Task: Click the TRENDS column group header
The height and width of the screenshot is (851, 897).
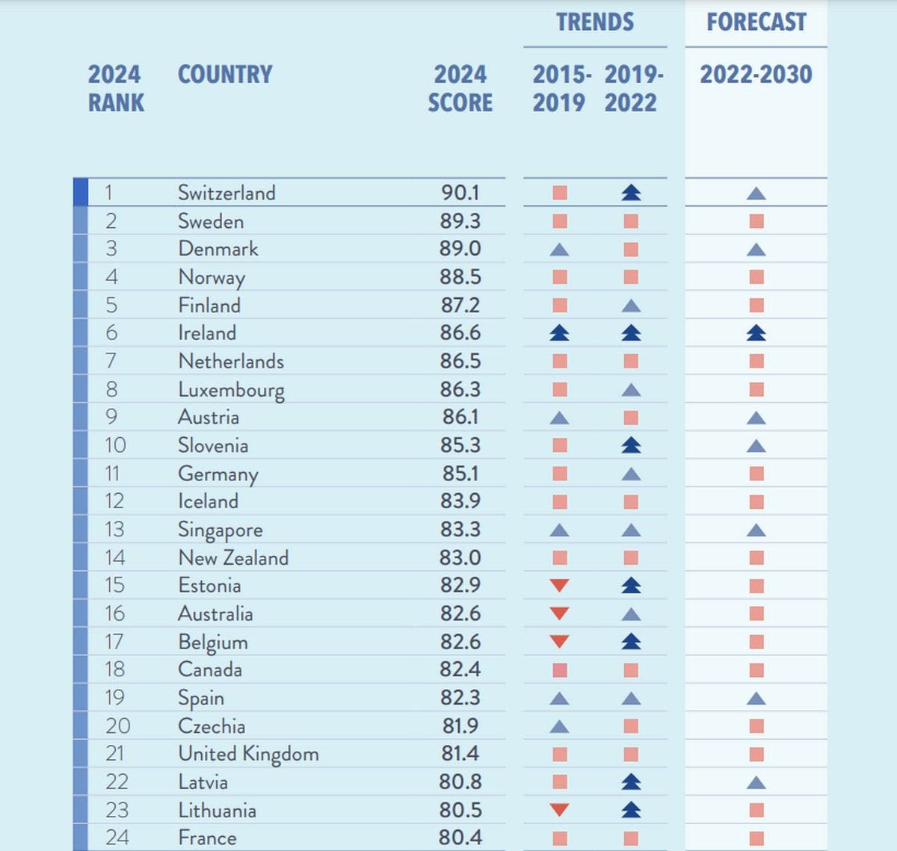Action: [x=594, y=22]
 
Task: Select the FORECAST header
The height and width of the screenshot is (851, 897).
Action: [x=756, y=22]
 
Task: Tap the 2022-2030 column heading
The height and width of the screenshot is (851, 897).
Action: [x=756, y=75]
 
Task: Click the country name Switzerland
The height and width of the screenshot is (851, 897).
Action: [x=226, y=193]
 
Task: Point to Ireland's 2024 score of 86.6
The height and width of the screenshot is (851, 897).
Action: [x=460, y=333]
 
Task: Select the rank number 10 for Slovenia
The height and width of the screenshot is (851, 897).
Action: [x=115, y=445]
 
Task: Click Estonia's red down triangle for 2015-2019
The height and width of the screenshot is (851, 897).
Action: [x=559, y=586]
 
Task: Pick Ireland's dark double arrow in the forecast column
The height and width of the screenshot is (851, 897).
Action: [x=756, y=333]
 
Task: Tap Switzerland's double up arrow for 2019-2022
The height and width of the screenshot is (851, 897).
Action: [x=631, y=193]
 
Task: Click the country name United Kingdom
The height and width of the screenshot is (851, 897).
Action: [x=248, y=754]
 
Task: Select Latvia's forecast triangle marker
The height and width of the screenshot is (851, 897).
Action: [x=756, y=782]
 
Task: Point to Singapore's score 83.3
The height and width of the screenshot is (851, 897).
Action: [x=460, y=530]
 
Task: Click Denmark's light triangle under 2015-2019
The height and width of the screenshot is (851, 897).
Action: [x=559, y=250]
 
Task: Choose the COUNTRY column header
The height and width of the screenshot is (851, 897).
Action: [x=225, y=75]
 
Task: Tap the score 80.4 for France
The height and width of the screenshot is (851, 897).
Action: [x=460, y=838]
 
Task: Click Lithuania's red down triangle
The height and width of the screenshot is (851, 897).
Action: [x=559, y=810]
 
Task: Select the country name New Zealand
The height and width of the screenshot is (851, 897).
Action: [x=233, y=558]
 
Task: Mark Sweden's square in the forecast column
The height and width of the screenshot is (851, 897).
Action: [x=756, y=221]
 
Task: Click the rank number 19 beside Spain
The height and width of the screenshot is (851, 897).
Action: [x=114, y=698]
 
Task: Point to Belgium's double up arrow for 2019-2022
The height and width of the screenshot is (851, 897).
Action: [x=631, y=642]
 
